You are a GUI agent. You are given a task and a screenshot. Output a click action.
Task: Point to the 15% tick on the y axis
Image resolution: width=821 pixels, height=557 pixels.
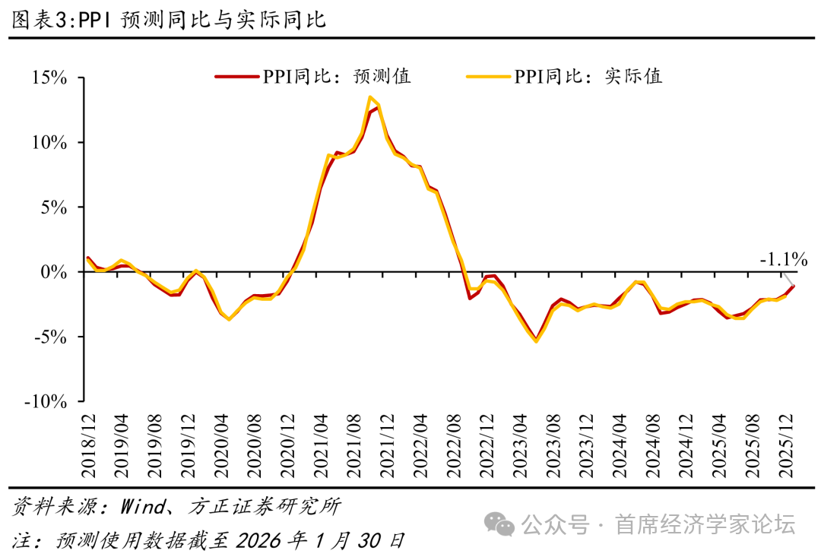coord(49,78)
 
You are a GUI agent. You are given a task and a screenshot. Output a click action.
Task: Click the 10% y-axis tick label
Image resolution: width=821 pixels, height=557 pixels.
coord(49,143)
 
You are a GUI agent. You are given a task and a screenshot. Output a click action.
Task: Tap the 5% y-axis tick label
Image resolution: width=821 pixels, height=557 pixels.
coord(55,207)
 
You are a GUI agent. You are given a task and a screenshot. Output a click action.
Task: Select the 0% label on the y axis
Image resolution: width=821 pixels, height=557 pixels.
coord(55,272)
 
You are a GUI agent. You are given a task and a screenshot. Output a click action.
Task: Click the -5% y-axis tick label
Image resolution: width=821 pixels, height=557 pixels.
coord(51,337)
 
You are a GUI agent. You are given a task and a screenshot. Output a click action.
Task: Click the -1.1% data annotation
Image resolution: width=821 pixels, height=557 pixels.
coord(783,260)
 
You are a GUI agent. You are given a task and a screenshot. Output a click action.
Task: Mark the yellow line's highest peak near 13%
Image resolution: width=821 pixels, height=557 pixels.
coord(369,97)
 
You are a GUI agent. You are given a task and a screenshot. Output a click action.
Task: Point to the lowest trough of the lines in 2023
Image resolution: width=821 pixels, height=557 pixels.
coord(537,341)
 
